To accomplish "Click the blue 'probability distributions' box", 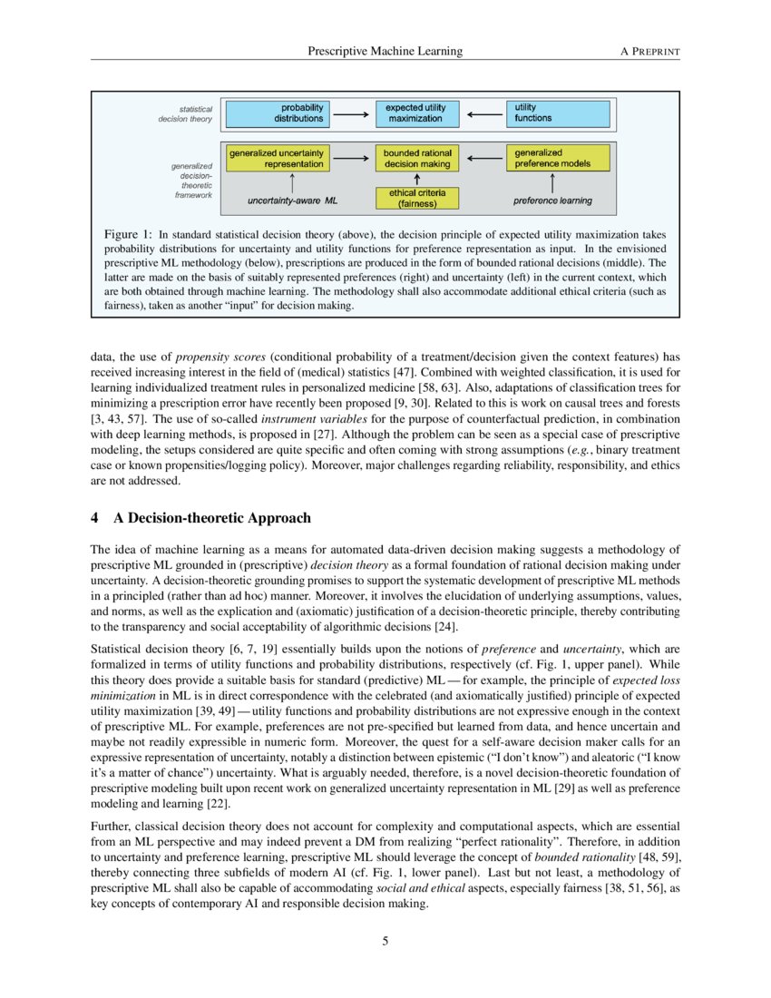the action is tap(278, 113).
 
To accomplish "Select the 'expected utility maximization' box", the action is tap(415, 113).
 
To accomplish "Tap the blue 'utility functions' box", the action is tap(556, 113).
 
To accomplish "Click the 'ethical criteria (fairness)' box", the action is tap(416, 198).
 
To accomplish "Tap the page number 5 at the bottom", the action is tap(385, 941).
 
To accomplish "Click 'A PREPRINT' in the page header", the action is tap(649, 52).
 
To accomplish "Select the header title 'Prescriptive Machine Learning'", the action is tap(385, 52).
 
